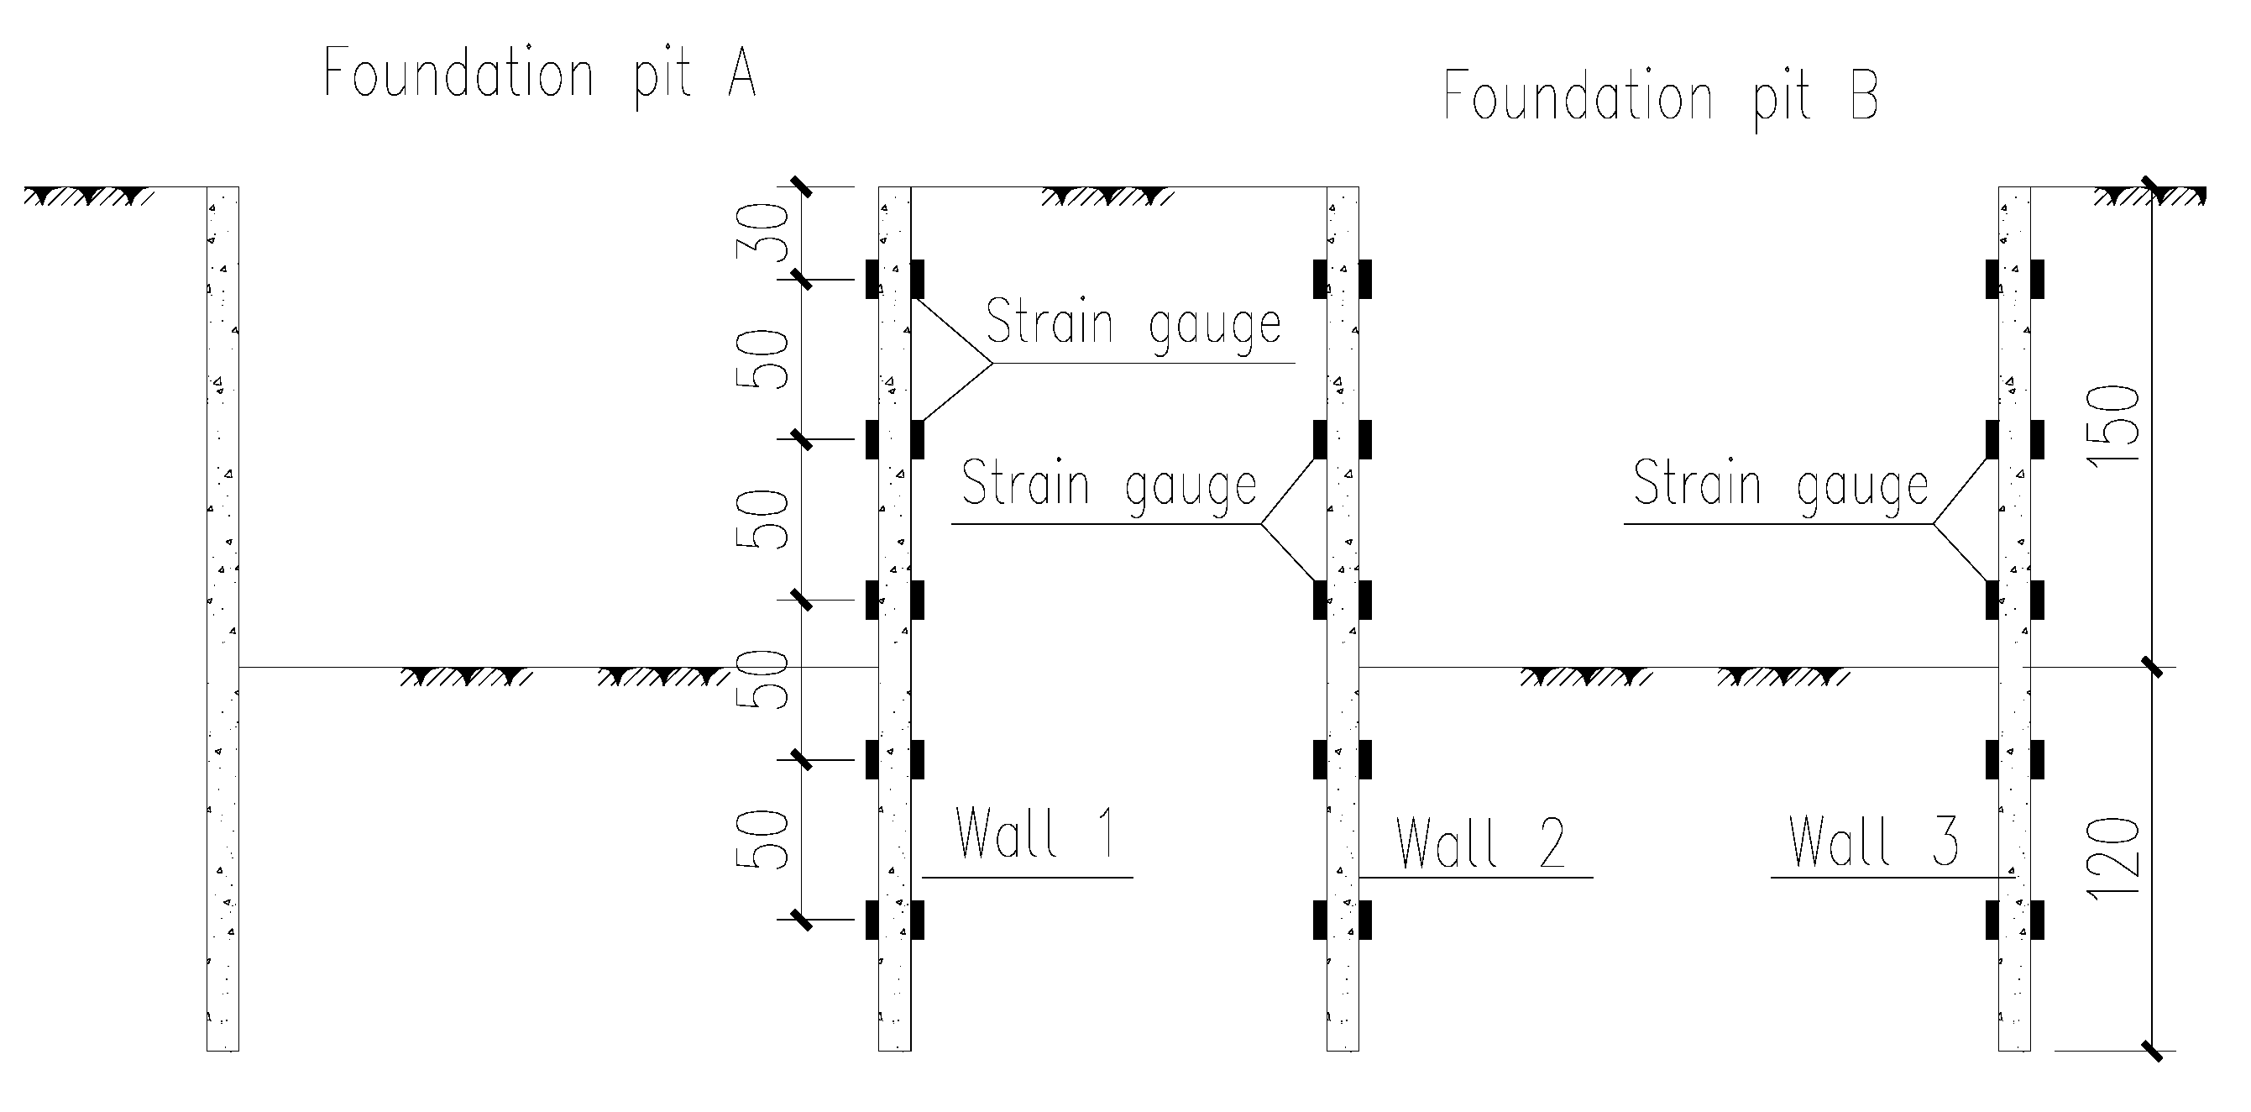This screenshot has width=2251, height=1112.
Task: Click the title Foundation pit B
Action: [1659, 98]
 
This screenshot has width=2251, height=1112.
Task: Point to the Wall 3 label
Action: [1873, 841]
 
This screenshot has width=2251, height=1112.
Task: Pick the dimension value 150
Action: [2113, 427]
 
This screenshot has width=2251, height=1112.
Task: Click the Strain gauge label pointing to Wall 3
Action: [1780, 484]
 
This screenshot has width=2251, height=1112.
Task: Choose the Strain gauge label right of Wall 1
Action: [1133, 323]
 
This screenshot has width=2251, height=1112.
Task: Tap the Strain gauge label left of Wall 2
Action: [1108, 485]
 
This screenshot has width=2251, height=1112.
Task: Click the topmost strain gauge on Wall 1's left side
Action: [872, 279]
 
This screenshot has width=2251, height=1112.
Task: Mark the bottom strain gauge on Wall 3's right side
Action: [2037, 920]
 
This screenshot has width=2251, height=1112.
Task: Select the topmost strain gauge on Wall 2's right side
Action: [1365, 279]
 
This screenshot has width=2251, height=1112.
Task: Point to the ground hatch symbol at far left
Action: [87, 197]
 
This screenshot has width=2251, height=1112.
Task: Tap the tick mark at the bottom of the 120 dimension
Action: [2152, 1050]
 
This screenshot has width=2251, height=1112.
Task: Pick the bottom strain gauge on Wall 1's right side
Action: [918, 920]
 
